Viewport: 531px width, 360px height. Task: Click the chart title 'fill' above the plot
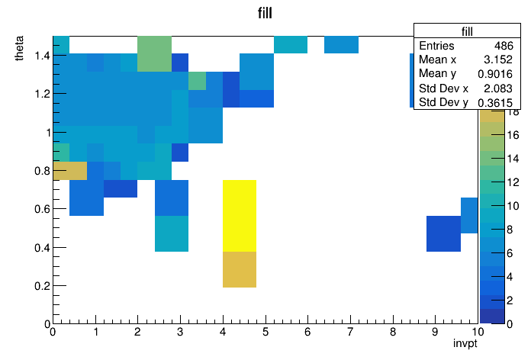(x=265, y=13)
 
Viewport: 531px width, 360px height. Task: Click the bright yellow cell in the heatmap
(x=240, y=216)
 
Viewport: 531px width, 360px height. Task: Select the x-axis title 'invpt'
(x=465, y=343)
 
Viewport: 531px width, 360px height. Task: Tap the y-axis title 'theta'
(x=19, y=48)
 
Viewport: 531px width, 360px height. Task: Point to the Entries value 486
(x=504, y=45)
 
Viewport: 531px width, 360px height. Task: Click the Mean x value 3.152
(x=497, y=59)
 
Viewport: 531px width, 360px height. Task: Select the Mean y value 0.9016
(x=495, y=74)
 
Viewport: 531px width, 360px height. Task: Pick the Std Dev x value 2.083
(x=497, y=88)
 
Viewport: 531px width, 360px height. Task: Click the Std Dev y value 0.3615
(x=495, y=102)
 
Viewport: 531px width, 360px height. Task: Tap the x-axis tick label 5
(x=265, y=332)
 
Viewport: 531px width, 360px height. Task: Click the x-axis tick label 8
(x=393, y=332)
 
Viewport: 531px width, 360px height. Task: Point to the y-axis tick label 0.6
(x=42, y=209)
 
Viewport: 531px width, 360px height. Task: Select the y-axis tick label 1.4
(x=42, y=55)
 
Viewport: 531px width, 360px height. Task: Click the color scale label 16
(x=513, y=135)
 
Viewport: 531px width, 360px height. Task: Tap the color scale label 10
(x=513, y=206)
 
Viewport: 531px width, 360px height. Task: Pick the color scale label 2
(x=510, y=300)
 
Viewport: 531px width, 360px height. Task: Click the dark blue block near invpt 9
(x=443, y=233)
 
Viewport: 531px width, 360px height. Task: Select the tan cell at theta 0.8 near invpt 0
(x=70, y=171)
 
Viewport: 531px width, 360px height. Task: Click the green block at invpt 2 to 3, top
(x=154, y=54)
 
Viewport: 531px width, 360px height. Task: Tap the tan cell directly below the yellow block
(x=240, y=269)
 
